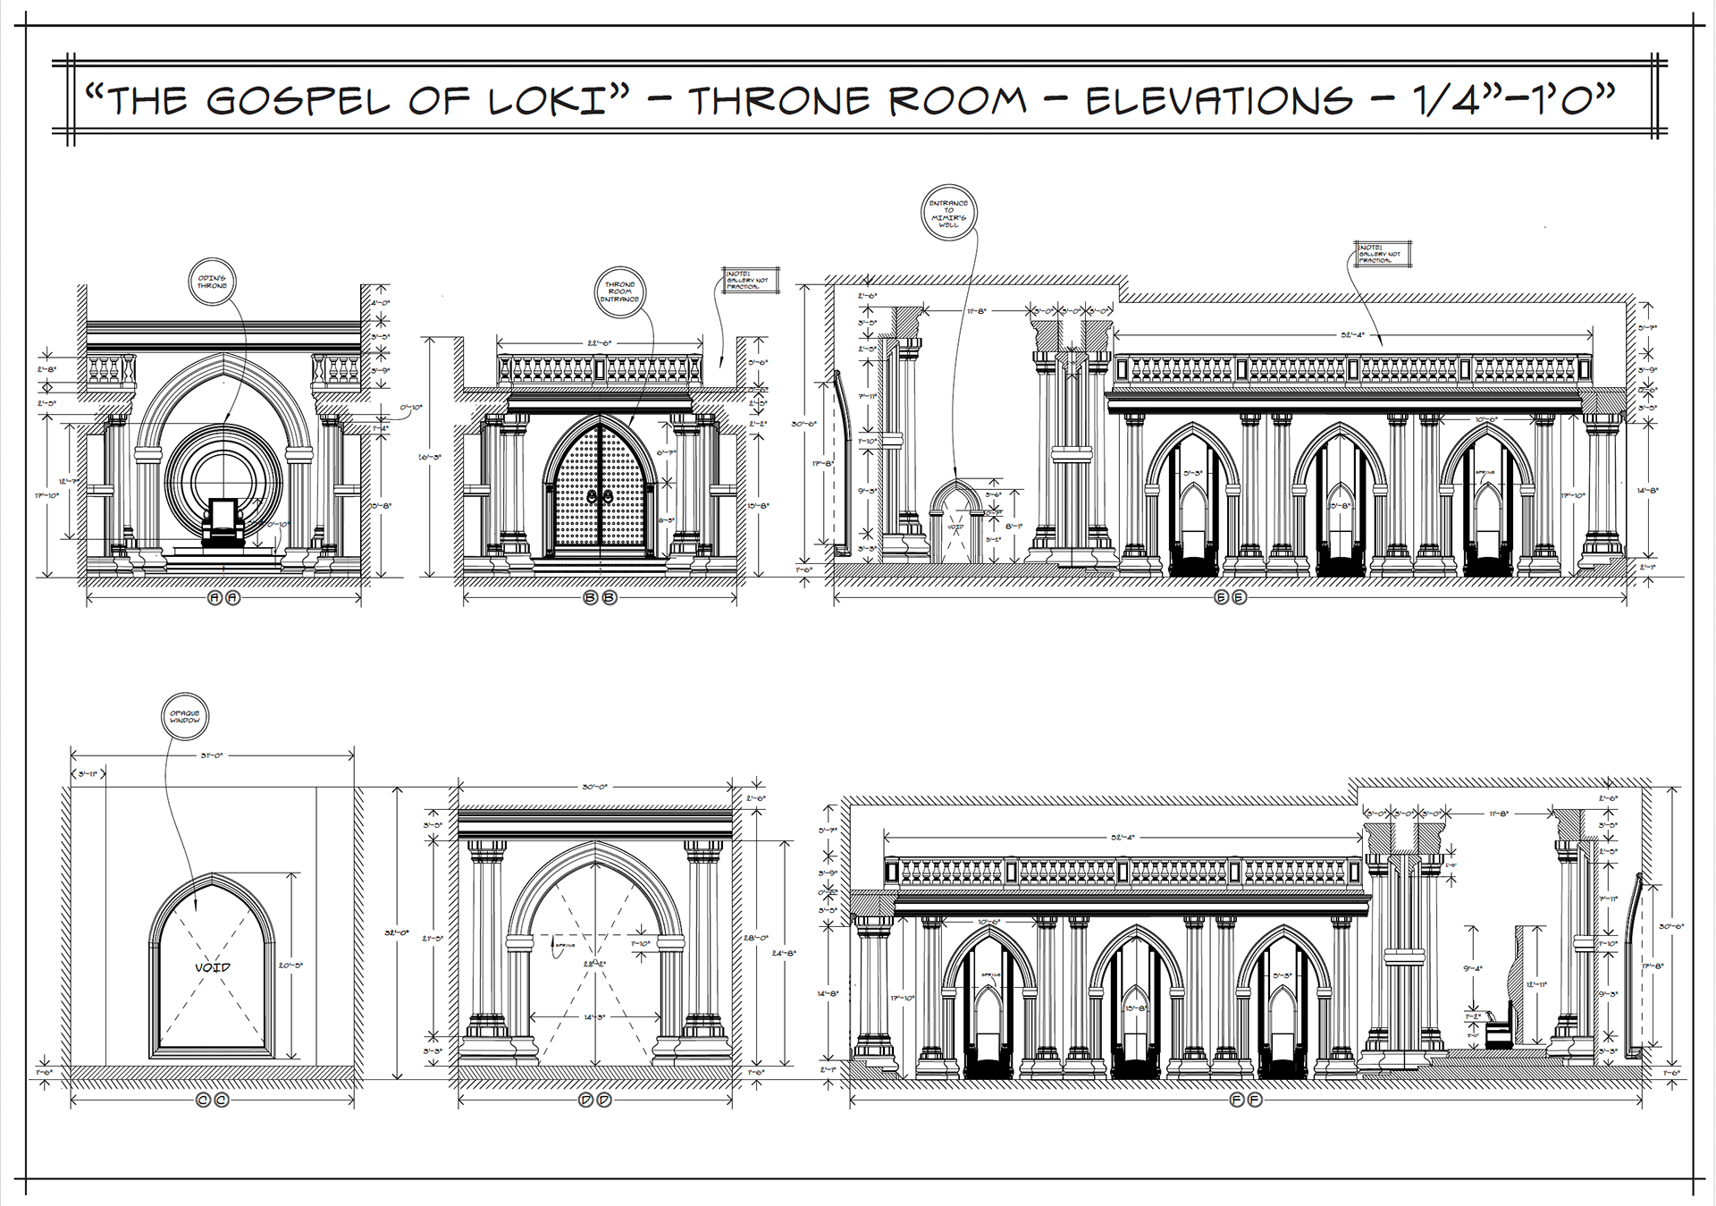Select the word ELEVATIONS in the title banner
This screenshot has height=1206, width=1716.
point(1219,100)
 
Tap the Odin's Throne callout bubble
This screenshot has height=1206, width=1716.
point(213,283)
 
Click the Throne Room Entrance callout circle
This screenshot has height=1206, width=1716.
point(620,292)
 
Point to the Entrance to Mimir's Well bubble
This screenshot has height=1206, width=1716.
point(948,214)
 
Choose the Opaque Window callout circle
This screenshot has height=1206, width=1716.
point(185,717)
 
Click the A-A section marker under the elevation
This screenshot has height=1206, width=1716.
point(223,598)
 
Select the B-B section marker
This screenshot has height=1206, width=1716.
point(600,598)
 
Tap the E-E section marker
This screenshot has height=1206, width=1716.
point(1230,598)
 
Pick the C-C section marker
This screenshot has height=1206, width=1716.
point(213,1101)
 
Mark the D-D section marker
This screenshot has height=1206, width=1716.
point(594,1101)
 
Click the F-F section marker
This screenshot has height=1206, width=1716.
point(1245,1101)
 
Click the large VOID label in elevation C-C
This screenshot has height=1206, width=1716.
point(213,967)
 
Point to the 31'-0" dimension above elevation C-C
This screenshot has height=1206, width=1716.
point(212,755)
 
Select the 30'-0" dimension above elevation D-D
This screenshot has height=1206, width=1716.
point(594,787)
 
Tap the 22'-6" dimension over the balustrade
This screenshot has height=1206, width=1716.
point(599,343)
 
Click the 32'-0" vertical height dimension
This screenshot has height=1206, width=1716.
point(396,932)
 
